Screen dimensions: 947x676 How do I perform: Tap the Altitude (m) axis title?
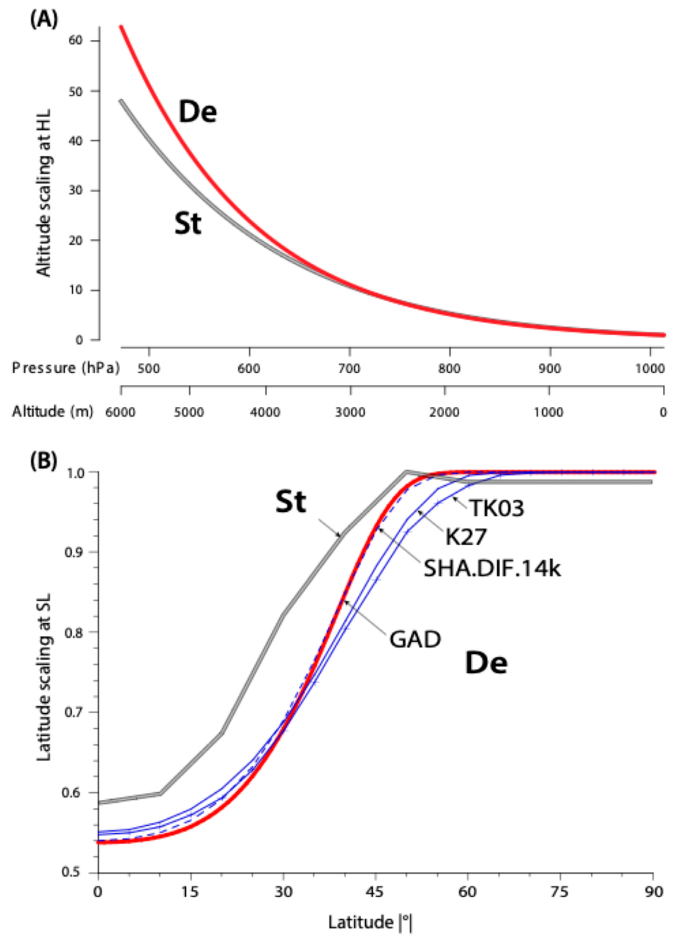(52, 412)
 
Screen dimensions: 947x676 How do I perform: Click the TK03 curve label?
(497, 508)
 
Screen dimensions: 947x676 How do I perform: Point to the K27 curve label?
(466, 537)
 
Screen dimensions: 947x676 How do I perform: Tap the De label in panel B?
(486, 663)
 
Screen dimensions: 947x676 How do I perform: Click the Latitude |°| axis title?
(370, 923)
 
